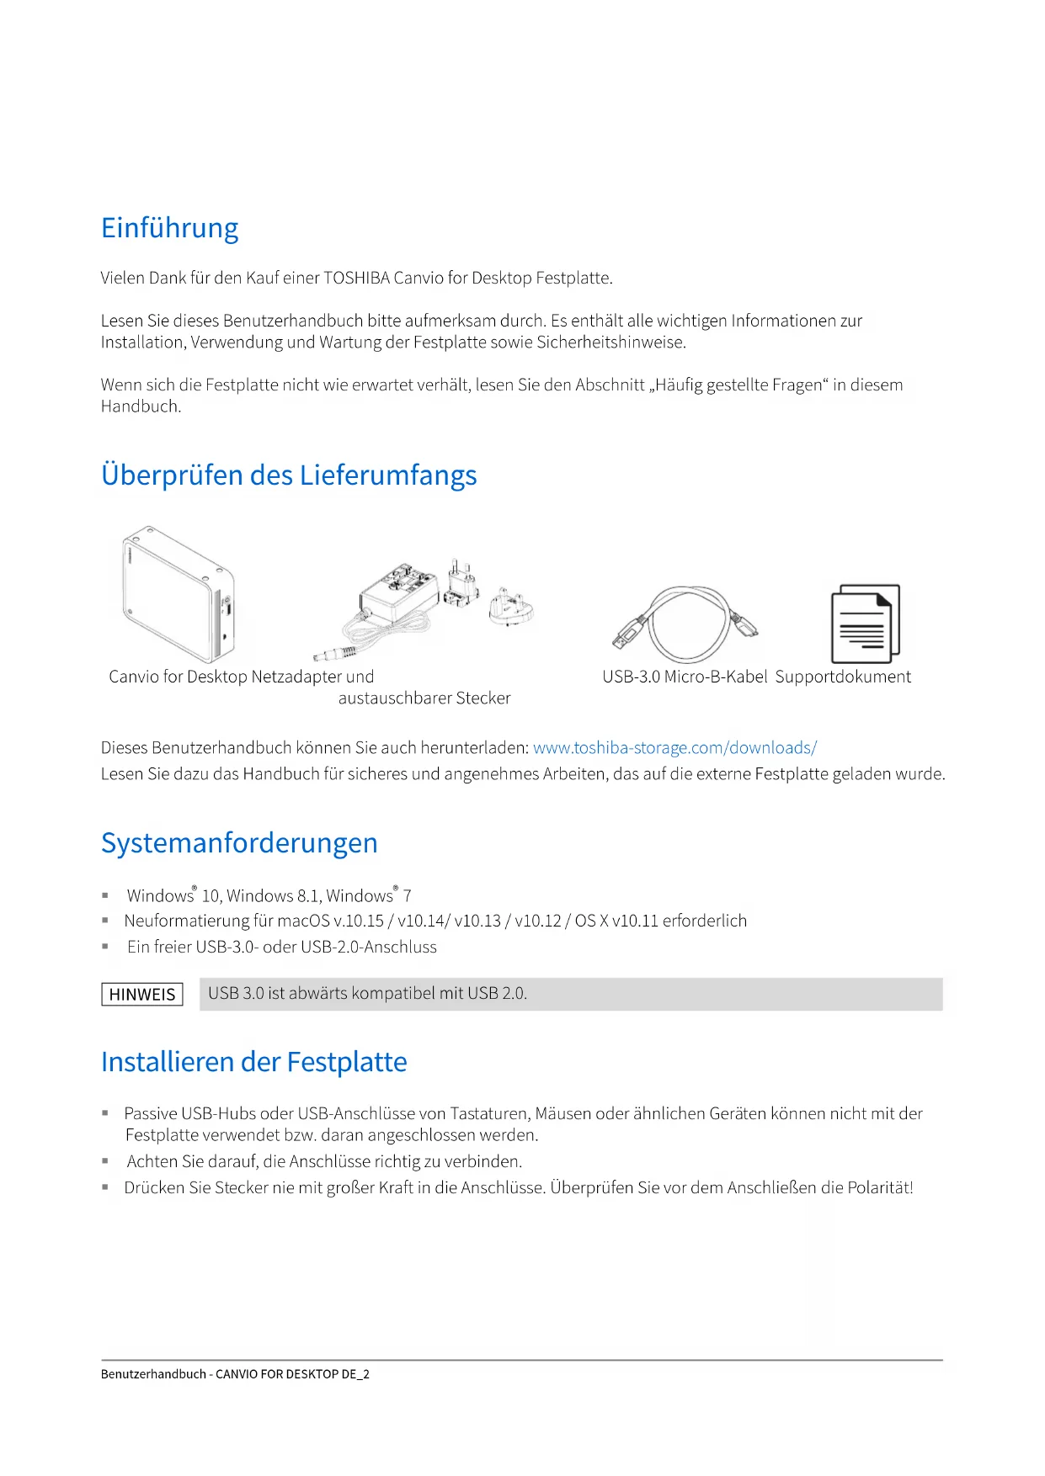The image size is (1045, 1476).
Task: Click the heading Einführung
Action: click(x=169, y=228)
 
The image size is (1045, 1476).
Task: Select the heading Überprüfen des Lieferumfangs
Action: click(x=288, y=475)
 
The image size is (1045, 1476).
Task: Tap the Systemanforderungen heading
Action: click(x=239, y=843)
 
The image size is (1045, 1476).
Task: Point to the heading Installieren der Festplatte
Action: click(x=253, y=1062)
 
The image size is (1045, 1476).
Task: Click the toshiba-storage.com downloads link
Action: click(x=674, y=748)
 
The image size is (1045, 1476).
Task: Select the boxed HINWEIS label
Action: click(x=142, y=995)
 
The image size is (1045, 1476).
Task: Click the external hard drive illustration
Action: click(x=178, y=594)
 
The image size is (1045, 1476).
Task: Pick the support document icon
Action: click(x=865, y=624)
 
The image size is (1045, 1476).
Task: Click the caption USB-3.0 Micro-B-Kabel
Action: click(x=685, y=677)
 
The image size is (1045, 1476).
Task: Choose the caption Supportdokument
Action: click(x=843, y=677)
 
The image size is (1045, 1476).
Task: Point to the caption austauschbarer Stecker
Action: click(x=424, y=698)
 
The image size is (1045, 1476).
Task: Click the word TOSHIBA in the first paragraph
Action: click(x=356, y=279)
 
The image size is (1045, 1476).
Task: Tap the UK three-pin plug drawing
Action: click(x=510, y=606)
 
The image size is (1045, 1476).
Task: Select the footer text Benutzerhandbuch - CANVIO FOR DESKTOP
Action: click(x=235, y=1374)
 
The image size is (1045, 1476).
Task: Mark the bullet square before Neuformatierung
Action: click(x=105, y=921)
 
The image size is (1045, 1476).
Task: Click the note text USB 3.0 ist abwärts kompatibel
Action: click(x=367, y=994)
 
